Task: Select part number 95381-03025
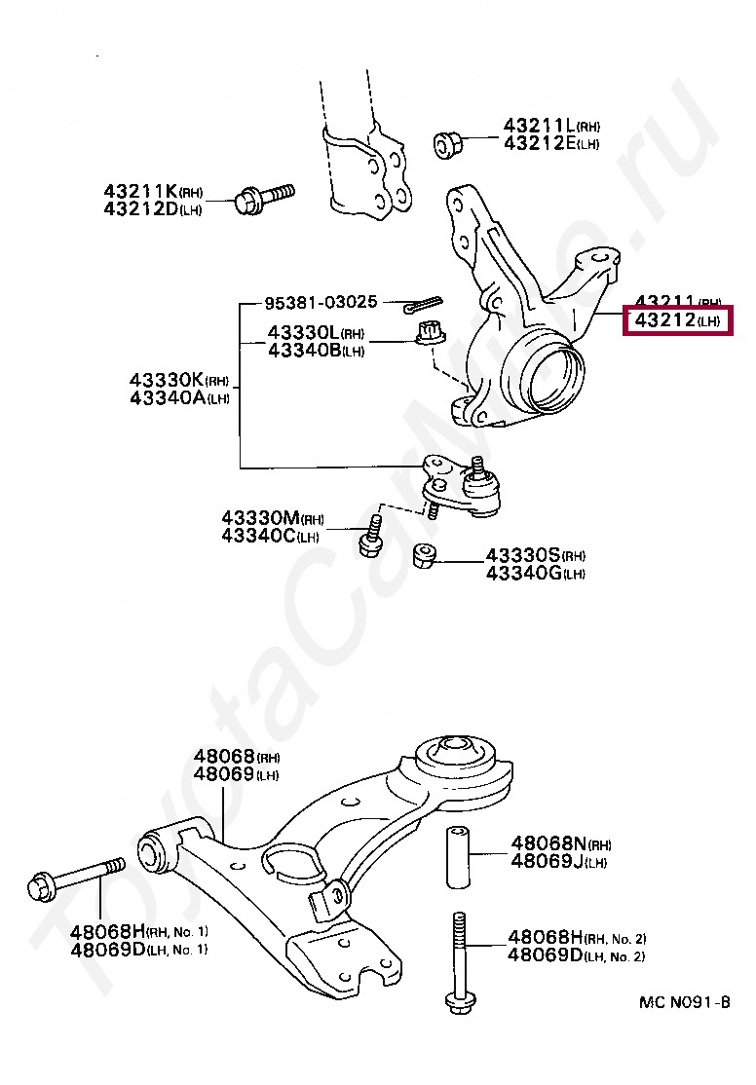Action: pos(320,302)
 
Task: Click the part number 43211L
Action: pos(539,126)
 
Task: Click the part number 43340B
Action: pos(302,351)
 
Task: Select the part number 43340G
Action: pos(524,573)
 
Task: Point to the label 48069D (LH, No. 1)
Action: pos(107,949)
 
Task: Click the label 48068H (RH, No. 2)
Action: pos(545,938)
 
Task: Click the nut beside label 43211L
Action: pos(447,144)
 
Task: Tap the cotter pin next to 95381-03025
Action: pos(424,304)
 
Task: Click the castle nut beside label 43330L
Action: pos(428,333)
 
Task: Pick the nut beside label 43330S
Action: pos(424,555)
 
